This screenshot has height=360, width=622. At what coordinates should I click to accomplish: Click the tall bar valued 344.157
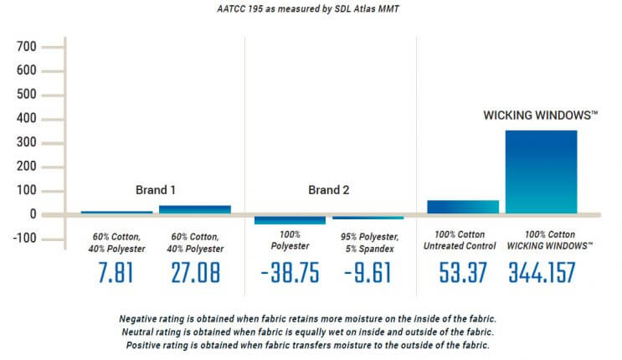coord(541,172)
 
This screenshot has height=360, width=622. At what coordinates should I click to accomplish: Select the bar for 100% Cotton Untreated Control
coord(463,207)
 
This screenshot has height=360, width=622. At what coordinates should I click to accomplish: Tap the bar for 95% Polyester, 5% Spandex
coord(368,217)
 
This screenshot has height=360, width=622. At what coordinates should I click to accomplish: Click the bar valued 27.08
coord(194,209)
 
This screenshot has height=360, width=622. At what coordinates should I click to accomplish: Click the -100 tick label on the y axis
coord(24,238)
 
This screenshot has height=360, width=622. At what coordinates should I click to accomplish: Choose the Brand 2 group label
coord(328,189)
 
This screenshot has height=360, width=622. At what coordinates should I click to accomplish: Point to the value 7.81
coord(116,274)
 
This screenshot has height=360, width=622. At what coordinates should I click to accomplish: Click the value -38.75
coord(290,274)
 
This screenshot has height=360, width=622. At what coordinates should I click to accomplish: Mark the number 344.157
coord(542,274)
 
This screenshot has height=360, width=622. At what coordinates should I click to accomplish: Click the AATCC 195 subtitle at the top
coord(311,9)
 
